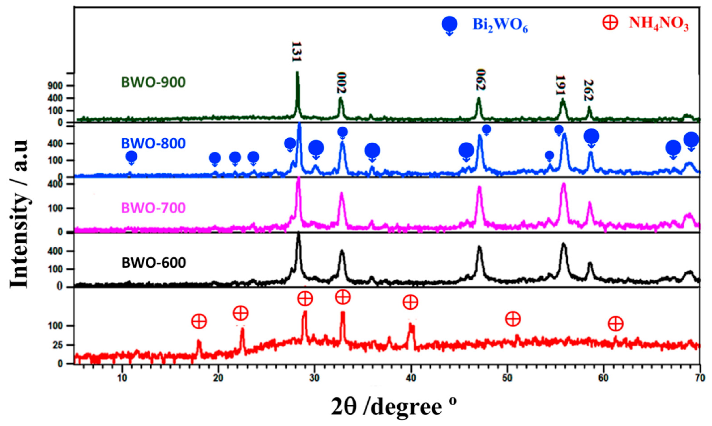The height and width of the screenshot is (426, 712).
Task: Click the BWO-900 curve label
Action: coord(153,82)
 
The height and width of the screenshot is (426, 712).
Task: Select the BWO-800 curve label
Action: coord(153,143)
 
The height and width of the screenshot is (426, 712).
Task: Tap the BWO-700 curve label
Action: coord(153,208)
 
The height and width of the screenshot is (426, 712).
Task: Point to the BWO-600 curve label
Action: coord(154,263)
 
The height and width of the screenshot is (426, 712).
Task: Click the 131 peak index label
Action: coord(296,52)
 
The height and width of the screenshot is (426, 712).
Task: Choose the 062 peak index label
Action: coord(480,80)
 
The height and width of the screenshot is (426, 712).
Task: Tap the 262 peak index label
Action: coord(588,90)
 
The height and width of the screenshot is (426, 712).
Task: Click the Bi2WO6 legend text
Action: coord(500,25)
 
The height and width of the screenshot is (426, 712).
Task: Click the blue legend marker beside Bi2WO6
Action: coord(449,25)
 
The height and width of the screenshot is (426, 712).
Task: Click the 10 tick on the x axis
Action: coord(122,377)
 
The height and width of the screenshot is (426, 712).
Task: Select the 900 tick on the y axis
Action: coord(65,86)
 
